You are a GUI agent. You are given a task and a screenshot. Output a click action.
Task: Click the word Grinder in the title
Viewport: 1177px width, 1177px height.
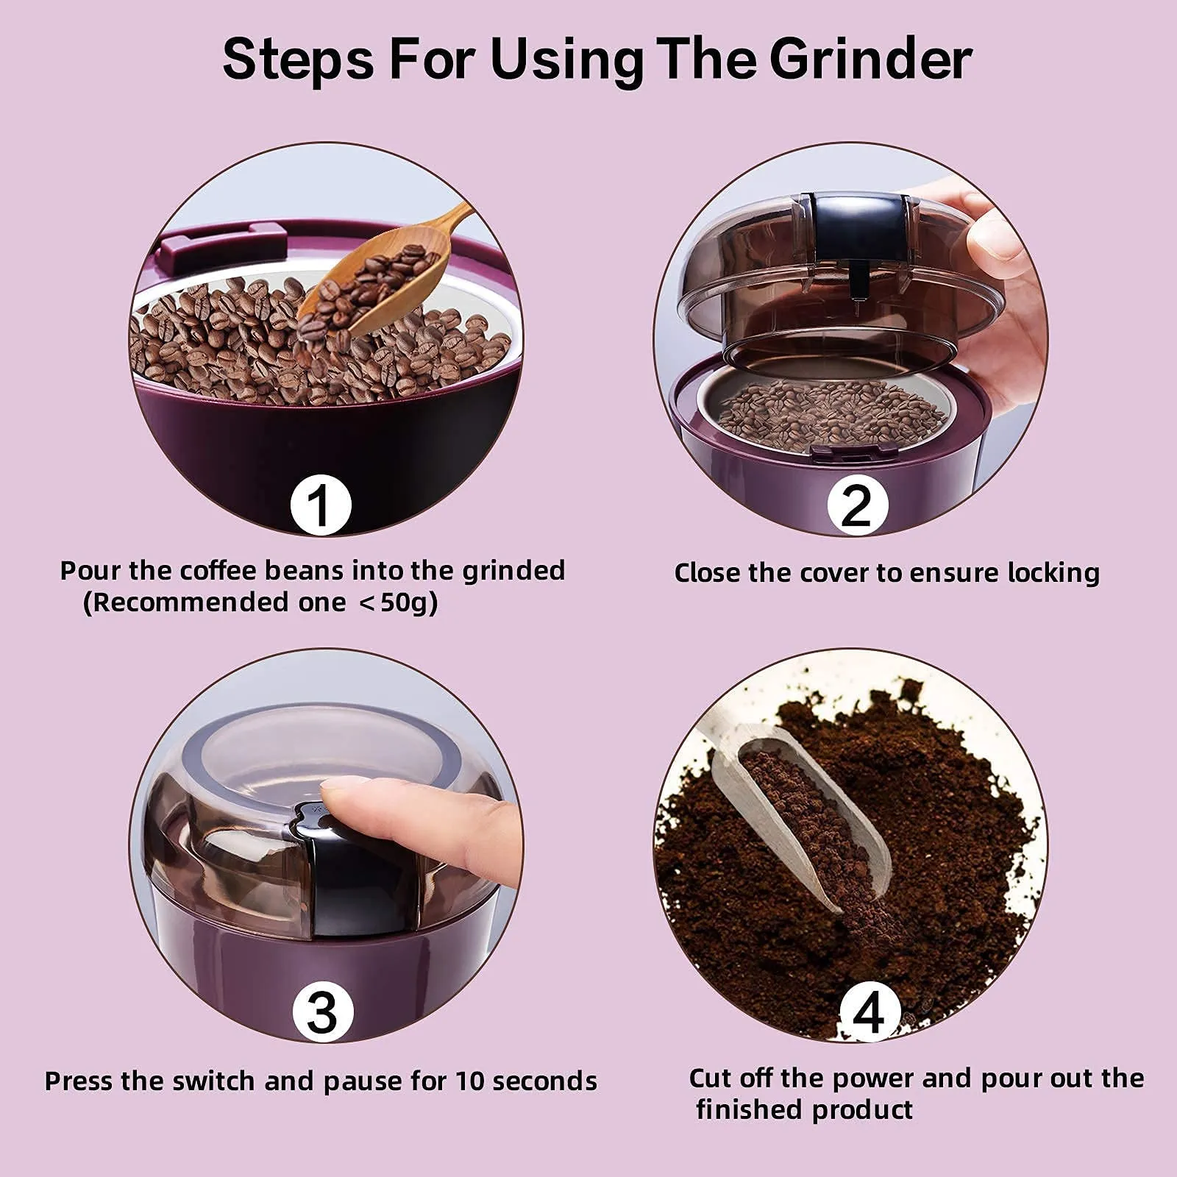coord(871,60)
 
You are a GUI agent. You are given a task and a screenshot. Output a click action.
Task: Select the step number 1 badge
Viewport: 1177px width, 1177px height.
coord(320,505)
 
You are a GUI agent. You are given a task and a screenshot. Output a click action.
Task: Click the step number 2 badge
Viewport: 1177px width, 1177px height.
coord(858,505)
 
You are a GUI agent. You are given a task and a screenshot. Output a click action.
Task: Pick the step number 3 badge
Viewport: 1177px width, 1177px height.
coord(322,1013)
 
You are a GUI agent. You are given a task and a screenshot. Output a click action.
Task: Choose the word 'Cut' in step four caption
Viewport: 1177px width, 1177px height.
coord(711,1078)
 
